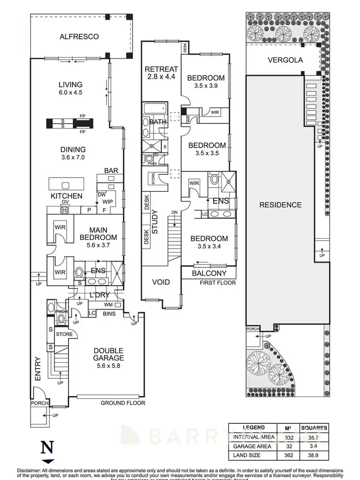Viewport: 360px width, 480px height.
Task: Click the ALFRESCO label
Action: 79,36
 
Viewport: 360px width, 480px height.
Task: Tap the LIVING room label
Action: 70,84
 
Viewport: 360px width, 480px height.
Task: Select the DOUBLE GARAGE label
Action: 108,354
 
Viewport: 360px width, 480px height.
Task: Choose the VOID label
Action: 161,282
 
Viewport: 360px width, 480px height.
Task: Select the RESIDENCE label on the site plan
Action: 280,205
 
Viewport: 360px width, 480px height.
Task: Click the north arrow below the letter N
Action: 47,461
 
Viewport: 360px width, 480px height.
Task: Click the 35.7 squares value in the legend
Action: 313,437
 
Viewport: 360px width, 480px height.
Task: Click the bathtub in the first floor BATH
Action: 155,108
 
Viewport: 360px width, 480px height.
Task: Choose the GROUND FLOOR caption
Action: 122,403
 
